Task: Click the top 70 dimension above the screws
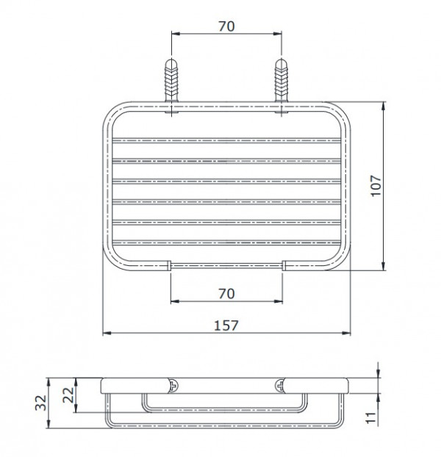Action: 226,26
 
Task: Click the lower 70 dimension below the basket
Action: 226,293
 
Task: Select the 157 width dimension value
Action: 226,325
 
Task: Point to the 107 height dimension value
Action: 376,186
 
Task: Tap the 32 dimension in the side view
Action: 41,403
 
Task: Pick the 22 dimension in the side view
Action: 69,395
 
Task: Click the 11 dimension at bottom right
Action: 370,417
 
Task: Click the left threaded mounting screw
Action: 171,81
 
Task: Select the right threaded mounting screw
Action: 282,81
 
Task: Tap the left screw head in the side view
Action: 174,386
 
